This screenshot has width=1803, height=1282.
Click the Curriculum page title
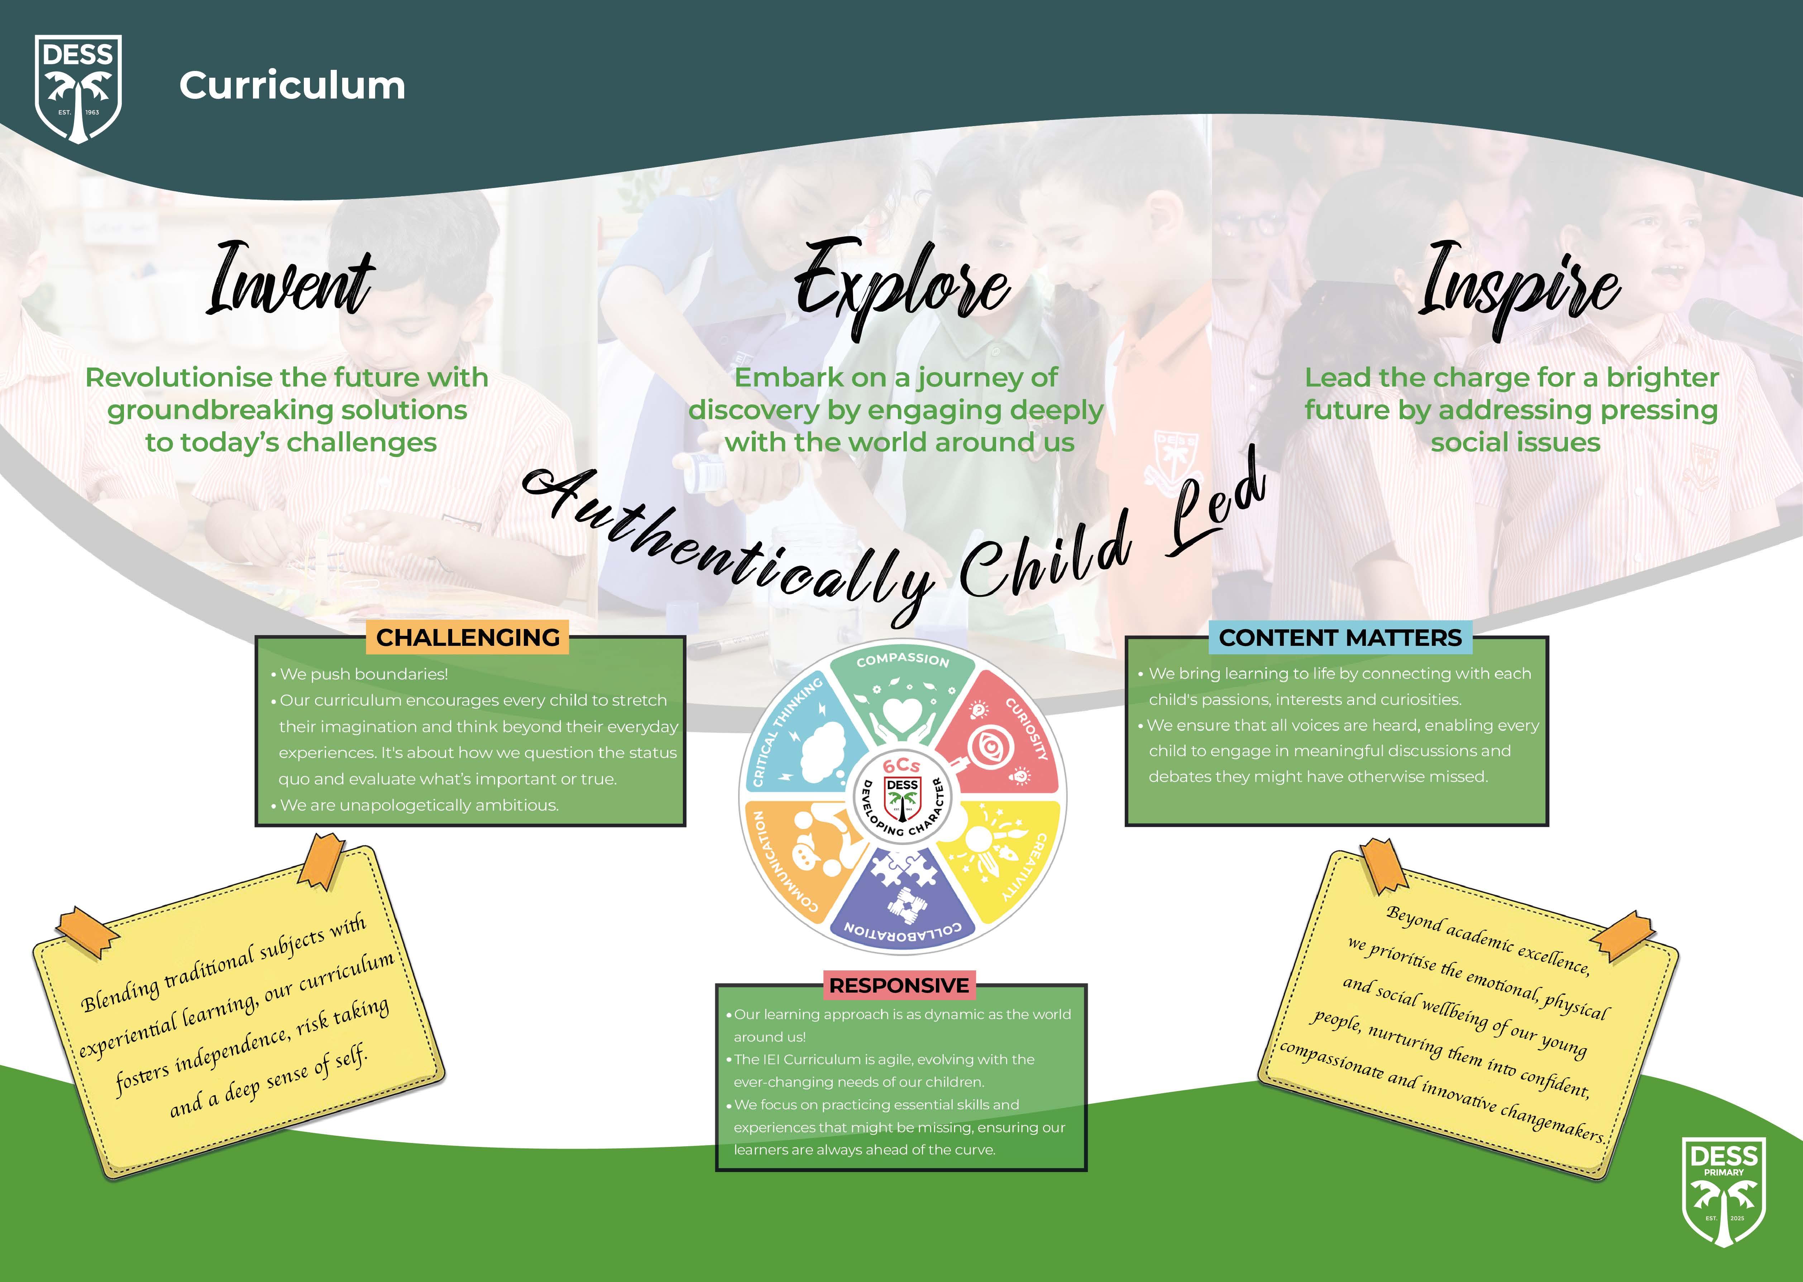pyautogui.click(x=292, y=85)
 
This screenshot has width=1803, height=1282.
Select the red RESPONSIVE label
pyautogui.click(x=899, y=985)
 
